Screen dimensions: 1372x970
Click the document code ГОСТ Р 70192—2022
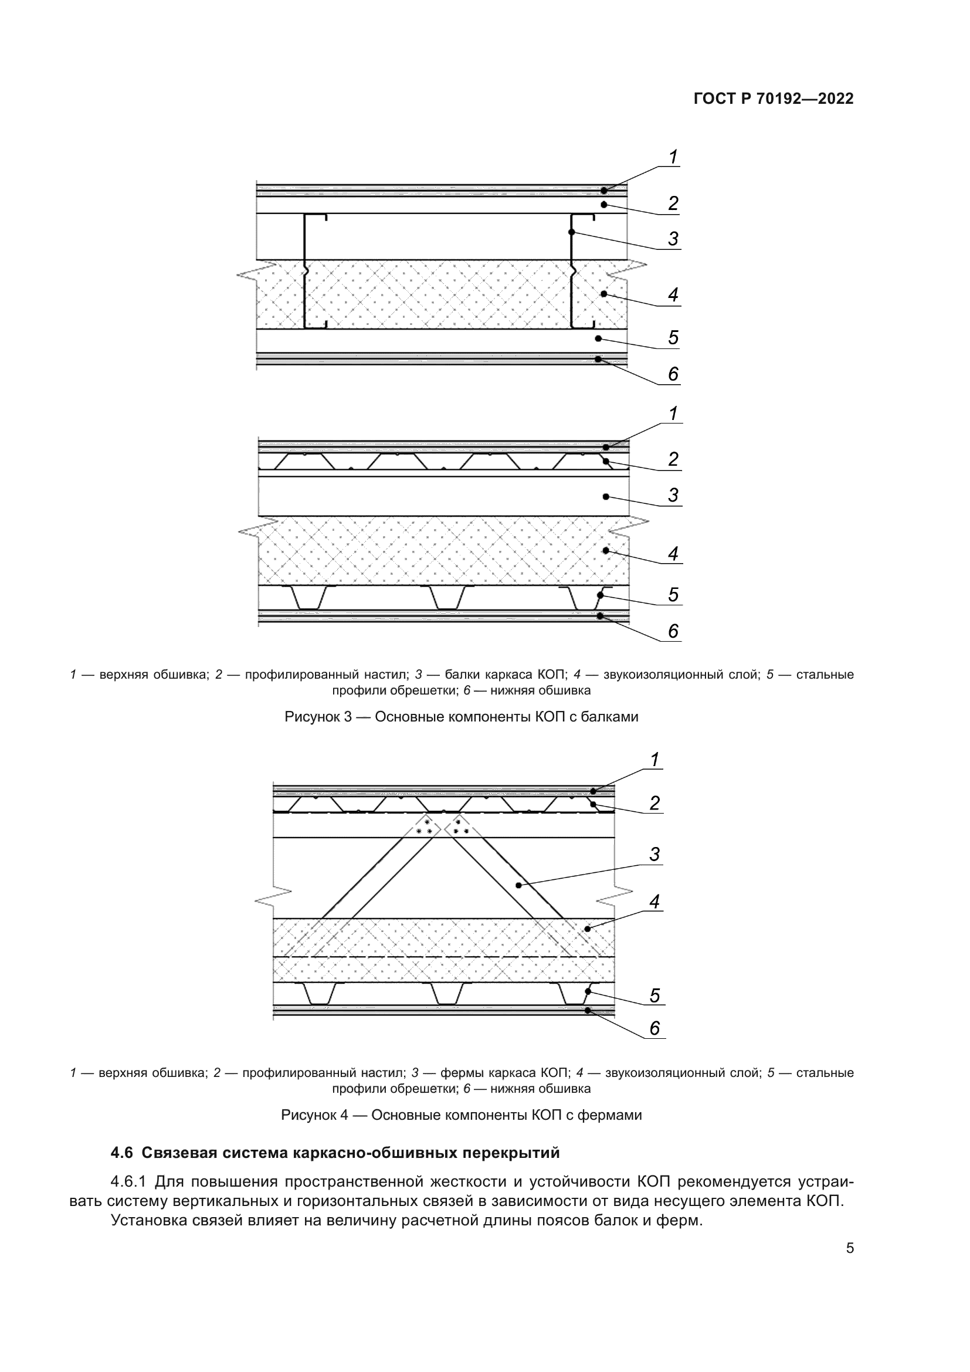[774, 99]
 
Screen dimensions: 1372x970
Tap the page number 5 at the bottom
[850, 1248]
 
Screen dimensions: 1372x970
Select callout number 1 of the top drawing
[673, 158]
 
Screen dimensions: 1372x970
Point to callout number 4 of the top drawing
[673, 294]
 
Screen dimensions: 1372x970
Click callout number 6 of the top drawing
[673, 374]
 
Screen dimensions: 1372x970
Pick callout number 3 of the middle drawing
[673, 496]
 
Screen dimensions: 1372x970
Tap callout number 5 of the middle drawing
[673, 595]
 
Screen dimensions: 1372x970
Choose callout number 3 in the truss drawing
[654, 855]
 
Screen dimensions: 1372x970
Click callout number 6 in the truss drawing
[654, 1028]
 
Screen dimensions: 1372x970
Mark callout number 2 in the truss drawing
[654, 803]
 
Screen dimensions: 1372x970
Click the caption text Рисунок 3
[317, 717]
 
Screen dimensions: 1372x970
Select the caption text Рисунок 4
[314, 1116]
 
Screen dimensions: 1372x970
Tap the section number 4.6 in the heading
[123, 1153]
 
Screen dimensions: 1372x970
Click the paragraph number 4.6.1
[128, 1181]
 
